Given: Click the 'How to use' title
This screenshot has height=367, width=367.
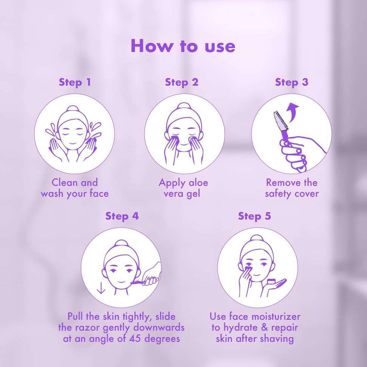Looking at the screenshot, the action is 183,46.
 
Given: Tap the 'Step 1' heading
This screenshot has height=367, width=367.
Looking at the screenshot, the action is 75,82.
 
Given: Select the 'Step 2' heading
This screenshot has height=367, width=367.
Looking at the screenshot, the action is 182,82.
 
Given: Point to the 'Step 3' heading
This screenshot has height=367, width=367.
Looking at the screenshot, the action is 291,82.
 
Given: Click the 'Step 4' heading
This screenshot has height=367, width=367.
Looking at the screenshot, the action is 122,216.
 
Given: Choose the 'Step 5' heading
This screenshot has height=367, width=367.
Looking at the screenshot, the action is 254,216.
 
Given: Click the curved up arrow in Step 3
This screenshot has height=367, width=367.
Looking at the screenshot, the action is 293,112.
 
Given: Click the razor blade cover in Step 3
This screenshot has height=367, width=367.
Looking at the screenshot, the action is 280,121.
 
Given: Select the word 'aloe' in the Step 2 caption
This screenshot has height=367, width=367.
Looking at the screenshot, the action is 199,183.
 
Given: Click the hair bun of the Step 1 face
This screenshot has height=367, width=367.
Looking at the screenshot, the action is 73,109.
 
